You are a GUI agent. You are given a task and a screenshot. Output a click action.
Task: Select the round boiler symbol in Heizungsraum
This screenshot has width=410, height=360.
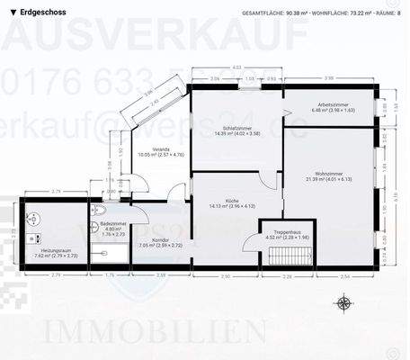[32, 217]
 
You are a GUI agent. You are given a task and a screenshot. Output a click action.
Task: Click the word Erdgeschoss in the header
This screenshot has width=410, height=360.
[44, 13]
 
